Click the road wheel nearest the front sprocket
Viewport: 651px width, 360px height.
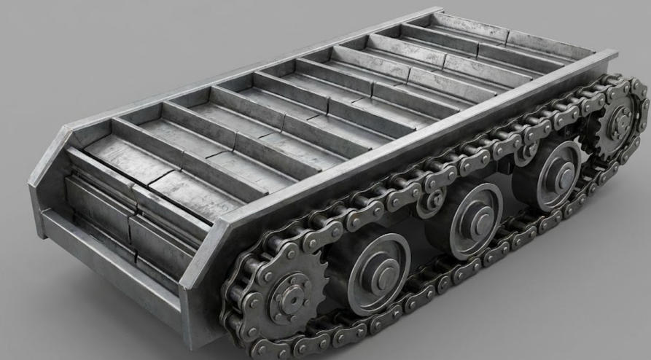coord(376,272)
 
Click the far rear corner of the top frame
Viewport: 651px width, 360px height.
coord(441,10)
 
